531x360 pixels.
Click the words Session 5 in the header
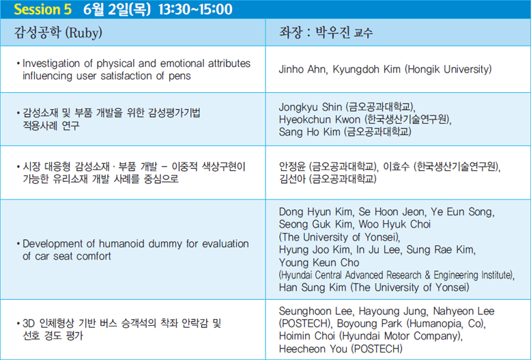tap(43, 9)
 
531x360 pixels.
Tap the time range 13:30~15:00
tap(195, 9)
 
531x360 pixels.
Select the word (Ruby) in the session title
tap(83, 33)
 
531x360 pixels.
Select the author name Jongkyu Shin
tap(310, 107)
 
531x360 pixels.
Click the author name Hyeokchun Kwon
tap(319, 120)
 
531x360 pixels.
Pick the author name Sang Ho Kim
tap(309, 132)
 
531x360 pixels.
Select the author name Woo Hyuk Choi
tap(394, 224)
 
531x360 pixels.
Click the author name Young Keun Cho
tap(319, 262)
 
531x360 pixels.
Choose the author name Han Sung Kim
tap(313, 288)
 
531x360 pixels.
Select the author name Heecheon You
tap(313, 349)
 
